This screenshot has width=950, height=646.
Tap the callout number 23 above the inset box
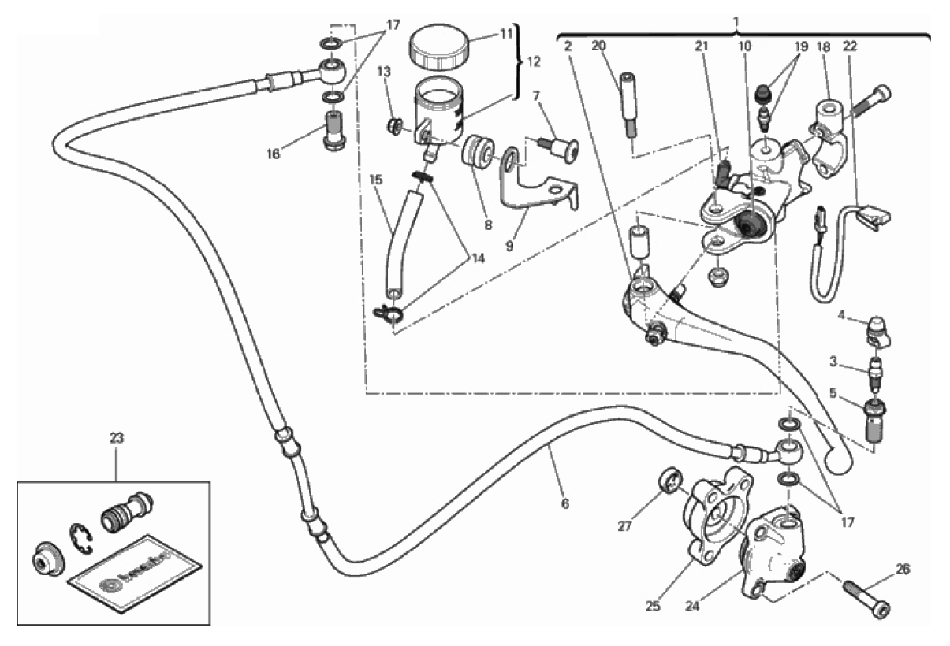(116, 439)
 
